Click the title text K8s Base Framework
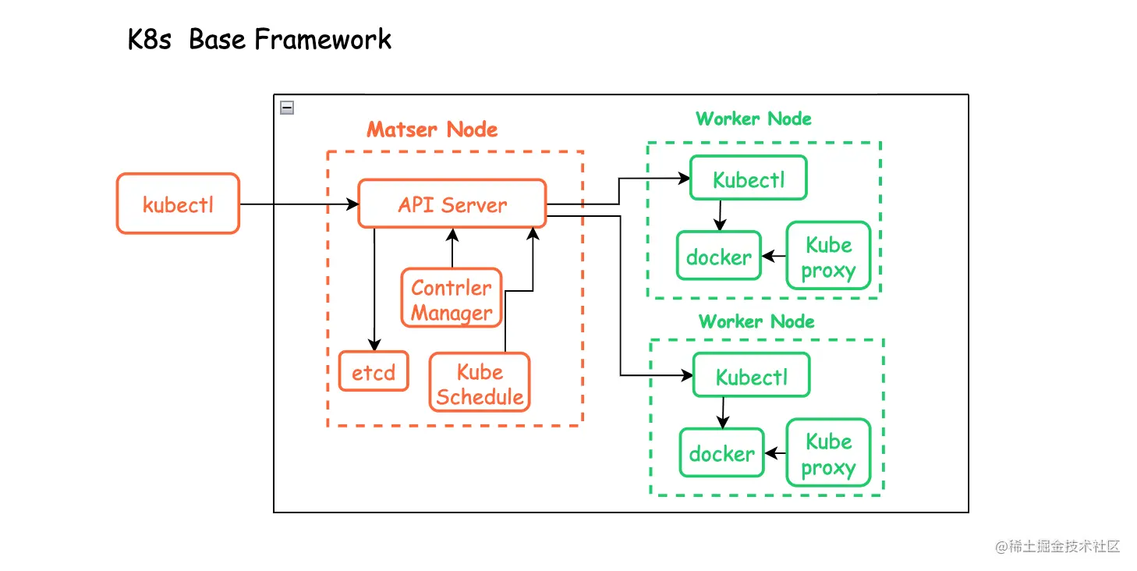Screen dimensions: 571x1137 [259, 39]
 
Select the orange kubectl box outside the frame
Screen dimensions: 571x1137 [178, 204]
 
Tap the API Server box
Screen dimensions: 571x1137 [452, 204]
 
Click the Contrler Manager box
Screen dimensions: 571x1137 [452, 300]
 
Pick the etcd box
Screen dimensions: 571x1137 [374, 372]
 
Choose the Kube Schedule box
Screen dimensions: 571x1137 [480, 383]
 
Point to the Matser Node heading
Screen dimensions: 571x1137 [432, 129]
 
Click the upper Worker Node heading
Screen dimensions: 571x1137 [753, 119]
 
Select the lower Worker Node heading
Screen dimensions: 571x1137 [756, 321]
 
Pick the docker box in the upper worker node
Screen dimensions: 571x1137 [718, 256]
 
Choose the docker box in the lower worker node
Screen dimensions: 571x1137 [721, 453]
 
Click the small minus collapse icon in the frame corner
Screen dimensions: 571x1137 [287, 108]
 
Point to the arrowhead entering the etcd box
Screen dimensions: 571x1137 [374, 346]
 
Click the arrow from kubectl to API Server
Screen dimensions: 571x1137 [296, 204]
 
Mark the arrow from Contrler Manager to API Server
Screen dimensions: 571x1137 [452, 248]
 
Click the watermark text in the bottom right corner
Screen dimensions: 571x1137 [1057, 546]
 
